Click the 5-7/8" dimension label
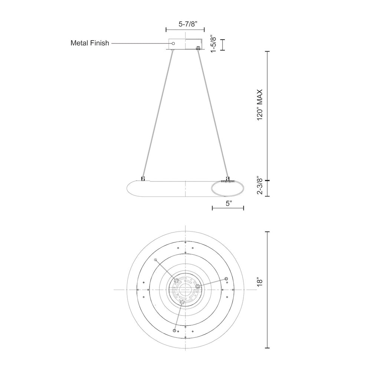click(188, 24)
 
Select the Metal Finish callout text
click(90, 43)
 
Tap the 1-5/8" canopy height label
click(214, 45)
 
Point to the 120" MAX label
click(260, 105)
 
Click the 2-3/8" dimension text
click(260, 185)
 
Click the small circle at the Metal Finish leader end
click(173, 43)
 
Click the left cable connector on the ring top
click(143, 179)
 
